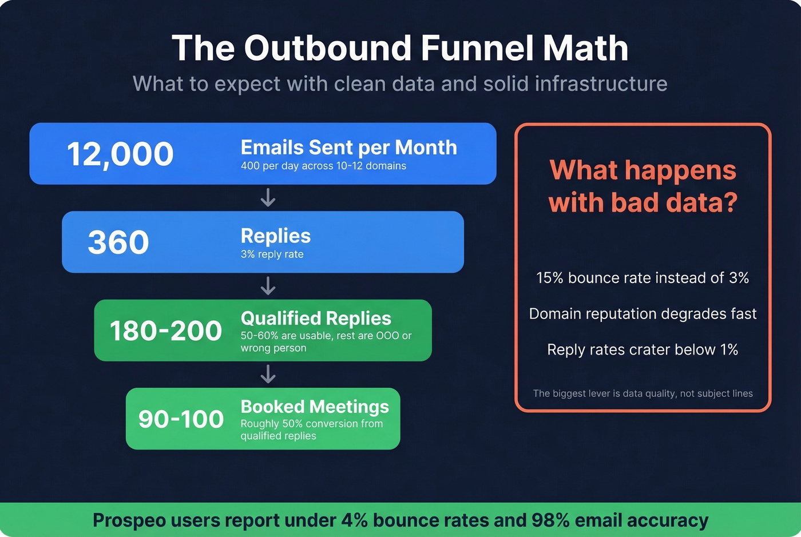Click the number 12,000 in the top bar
point(120,154)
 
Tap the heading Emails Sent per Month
point(348,148)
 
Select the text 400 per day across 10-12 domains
point(323,166)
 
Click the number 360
point(118,242)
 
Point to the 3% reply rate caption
point(272,254)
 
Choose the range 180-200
point(165,331)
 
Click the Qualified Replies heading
point(316,318)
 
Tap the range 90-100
point(181,419)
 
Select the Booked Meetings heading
point(315,407)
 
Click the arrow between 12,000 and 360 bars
point(268,198)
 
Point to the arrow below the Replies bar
point(268,286)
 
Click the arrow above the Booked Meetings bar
point(268,375)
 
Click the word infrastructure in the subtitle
point(601,84)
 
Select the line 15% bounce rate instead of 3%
point(643,278)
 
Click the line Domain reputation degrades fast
point(643,314)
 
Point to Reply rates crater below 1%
point(643,350)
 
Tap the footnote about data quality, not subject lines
point(643,393)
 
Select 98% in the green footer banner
point(550,520)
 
